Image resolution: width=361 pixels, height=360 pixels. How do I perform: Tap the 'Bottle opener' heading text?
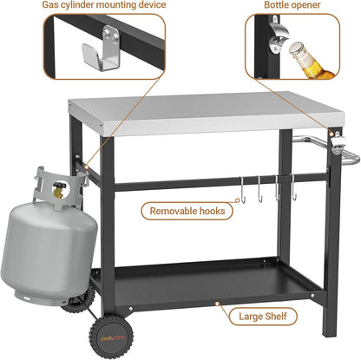tap(292, 6)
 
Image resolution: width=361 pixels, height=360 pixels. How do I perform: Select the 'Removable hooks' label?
tap(188, 209)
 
